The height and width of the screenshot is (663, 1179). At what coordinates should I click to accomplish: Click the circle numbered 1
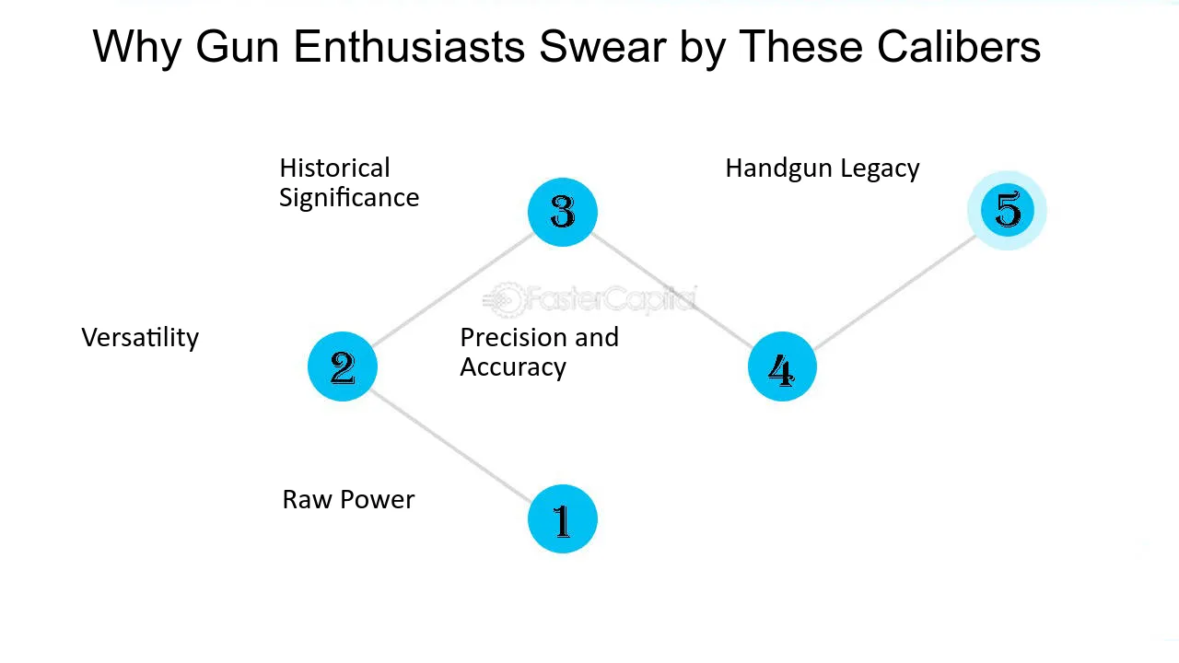coord(562,518)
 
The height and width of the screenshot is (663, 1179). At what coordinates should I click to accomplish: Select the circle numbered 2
coord(342,366)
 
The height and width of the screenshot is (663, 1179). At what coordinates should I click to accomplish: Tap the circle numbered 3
coord(562,212)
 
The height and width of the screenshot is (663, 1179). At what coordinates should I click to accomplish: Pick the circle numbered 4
coord(782,366)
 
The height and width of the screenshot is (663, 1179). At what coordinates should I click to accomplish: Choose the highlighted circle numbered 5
coord(1007,211)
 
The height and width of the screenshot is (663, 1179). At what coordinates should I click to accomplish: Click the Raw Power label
coord(348,499)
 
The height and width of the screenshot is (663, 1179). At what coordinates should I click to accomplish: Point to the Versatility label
coord(140,338)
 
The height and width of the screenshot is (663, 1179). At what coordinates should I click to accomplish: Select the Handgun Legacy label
coord(823,169)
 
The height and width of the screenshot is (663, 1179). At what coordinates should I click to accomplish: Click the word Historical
coord(334,169)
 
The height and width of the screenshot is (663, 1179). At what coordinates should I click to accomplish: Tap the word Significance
coord(349,198)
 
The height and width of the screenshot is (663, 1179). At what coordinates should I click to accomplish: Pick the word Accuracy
coord(513,367)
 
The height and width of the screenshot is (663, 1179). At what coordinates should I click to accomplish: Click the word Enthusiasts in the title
coord(409,47)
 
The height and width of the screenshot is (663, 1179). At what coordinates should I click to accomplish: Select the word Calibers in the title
coord(959,47)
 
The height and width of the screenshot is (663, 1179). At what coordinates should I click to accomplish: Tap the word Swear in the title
coord(602,47)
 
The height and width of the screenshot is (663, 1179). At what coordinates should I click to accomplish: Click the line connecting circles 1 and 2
coord(450,446)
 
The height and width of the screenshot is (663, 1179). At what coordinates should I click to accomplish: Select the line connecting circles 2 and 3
coord(452,289)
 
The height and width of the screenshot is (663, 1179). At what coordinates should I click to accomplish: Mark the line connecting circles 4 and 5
coord(894,293)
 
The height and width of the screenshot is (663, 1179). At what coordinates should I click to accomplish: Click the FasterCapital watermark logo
coord(589,300)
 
